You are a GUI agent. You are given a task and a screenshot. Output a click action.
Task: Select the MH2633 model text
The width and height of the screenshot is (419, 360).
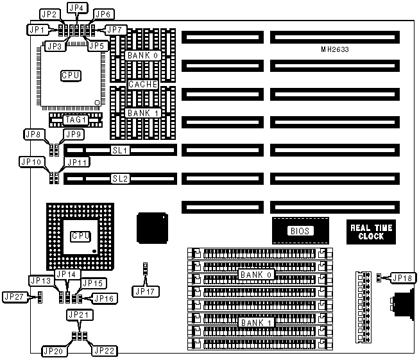click(334, 49)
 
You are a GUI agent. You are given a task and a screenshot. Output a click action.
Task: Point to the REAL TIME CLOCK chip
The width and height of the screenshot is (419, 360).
click(371, 232)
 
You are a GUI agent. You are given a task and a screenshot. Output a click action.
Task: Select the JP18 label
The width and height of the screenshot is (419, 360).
click(402, 278)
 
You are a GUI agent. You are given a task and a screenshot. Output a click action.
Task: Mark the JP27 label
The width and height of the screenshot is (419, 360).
click(15, 296)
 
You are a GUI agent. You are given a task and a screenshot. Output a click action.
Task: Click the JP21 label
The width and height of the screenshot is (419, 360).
click(80, 315)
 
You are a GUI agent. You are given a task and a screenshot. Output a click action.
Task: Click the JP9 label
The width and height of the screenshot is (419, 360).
click(73, 134)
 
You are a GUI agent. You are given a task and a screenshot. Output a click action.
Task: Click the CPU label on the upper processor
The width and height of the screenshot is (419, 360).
click(71, 75)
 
